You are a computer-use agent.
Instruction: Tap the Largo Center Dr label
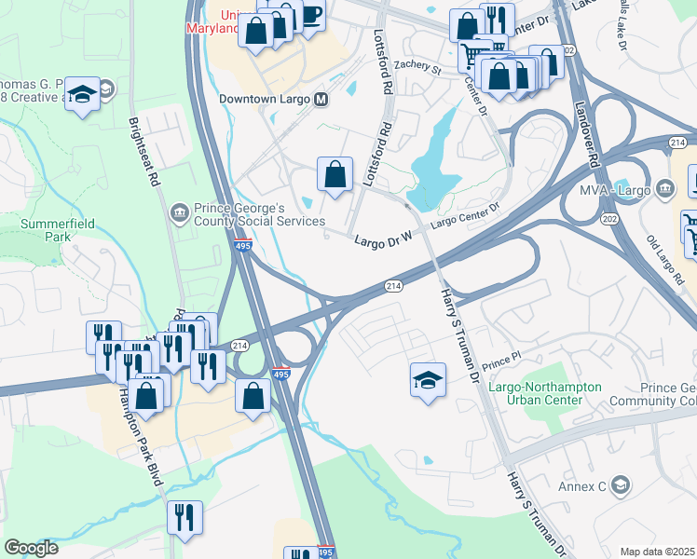pyautogui.click(x=466, y=218)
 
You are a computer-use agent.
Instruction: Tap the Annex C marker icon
pyautogui.click(x=622, y=485)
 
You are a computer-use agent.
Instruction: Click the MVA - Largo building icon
pyautogui.click(x=665, y=190)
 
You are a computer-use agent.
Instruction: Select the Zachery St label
pyautogui.click(x=416, y=66)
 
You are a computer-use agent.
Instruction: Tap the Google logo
pyautogui.click(x=32, y=548)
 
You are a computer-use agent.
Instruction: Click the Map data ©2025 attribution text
pyautogui.click(x=657, y=552)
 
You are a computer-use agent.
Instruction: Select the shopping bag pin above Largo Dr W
pyautogui.click(x=335, y=174)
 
